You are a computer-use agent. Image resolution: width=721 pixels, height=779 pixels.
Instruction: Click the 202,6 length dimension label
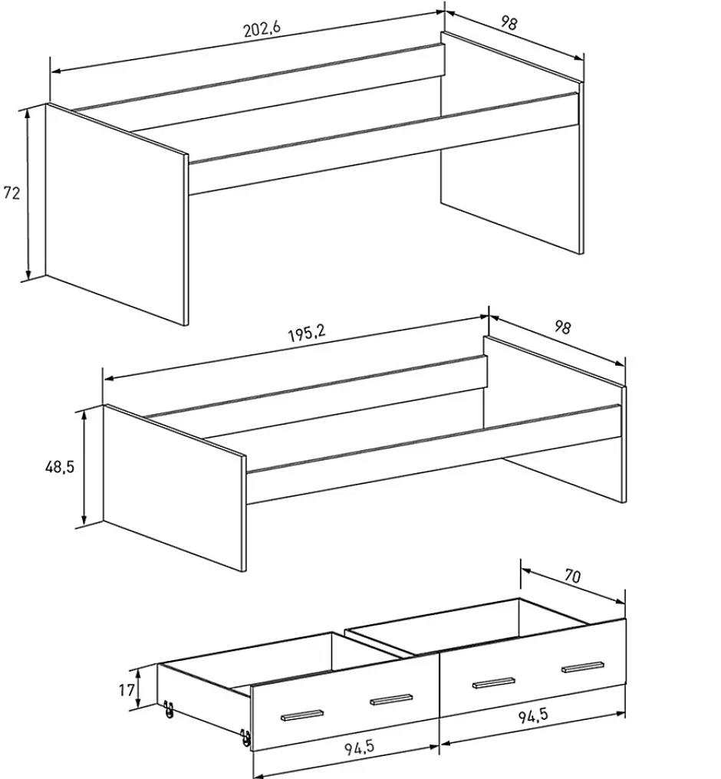[262, 28]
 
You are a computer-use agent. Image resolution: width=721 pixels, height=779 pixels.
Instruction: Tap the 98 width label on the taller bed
[509, 23]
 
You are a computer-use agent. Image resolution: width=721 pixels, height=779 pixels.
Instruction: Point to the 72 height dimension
[12, 192]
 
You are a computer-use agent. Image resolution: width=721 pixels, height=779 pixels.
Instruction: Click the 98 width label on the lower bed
[562, 327]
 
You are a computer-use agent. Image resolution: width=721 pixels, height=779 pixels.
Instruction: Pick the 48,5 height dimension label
[60, 467]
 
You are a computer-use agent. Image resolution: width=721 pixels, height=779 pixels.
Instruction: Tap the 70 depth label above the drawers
[572, 576]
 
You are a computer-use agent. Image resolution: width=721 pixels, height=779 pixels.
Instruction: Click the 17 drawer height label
[127, 689]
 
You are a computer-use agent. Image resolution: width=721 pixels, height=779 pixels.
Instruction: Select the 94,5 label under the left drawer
[359, 748]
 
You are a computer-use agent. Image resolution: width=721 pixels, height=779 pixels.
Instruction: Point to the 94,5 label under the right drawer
[533, 715]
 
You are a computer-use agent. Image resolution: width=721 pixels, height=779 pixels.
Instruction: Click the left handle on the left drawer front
[302, 715]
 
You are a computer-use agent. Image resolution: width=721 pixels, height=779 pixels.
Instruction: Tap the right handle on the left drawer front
[391, 699]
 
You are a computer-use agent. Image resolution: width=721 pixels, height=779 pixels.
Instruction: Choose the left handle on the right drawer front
[493, 683]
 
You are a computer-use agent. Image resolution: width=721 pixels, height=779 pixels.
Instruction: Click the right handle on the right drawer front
[583, 667]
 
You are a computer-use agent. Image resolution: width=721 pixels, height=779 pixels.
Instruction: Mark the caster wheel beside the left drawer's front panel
[245, 738]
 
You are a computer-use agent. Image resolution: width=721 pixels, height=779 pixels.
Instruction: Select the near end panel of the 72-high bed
[117, 215]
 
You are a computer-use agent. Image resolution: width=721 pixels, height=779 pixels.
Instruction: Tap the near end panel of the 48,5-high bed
[174, 488]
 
